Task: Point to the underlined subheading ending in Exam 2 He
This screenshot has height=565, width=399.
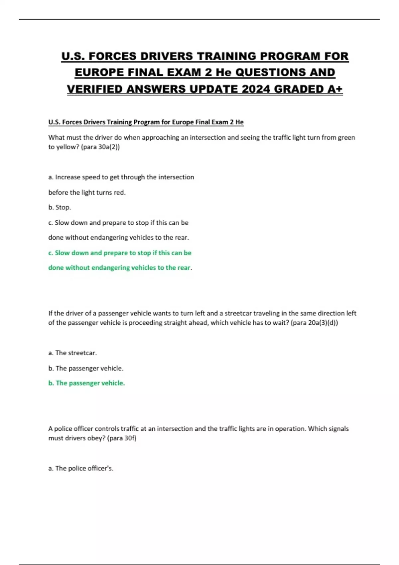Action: point(146,122)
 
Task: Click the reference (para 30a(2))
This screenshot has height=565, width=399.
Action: point(100,147)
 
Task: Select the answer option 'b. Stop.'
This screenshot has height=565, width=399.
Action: point(60,207)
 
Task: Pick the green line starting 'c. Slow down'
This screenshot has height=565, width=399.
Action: point(120,253)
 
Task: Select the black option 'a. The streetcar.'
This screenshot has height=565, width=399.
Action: point(72,353)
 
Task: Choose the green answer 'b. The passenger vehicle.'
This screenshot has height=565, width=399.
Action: point(86,383)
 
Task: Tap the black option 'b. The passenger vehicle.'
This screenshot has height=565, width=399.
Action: point(86,368)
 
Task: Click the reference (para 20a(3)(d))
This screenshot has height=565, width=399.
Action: point(314,323)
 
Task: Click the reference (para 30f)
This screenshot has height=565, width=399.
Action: point(122,438)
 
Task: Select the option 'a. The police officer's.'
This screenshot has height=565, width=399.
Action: point(81,468)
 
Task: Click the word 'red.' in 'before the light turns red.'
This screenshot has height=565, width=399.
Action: point(120,192)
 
